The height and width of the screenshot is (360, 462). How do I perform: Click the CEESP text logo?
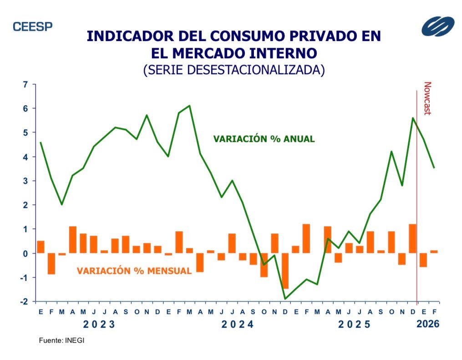pyautogui.click(x=32, y=26)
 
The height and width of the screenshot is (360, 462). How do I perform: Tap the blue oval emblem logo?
pyautogui.click(x=437, y=26)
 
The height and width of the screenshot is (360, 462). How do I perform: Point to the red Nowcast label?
pyautogui.click(x=427, y=98)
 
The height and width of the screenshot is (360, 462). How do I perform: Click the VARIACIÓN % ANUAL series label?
pyautogui.click(x=264, y=139)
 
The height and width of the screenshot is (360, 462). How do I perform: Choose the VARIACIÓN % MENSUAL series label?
pyautogui.click(x=134, y=271)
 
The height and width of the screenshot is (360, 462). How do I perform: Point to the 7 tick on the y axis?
pyautogui.click(x=25, y=84)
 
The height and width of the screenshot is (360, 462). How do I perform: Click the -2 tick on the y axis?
pyautogui.click(x=24, y=301)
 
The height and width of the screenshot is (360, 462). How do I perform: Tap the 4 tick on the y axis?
pyautogui.click(x=25, y=157)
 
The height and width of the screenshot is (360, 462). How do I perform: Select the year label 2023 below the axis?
pyautogui.click(x=99, y=325)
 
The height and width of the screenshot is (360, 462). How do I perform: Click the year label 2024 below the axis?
pyautogui.click(x=237, y=325)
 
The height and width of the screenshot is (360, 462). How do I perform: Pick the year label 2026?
pyautogui.click(x=428, y=325)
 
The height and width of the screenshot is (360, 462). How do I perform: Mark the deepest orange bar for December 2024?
pyautogui.click(x=285, y=271)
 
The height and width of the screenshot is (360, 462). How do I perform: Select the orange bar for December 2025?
pyautogui.click(x=412, y=238)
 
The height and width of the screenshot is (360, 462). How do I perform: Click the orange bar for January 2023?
pyautogui.click(x=41, y=247)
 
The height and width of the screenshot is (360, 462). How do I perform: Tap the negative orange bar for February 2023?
pyautogui.click(x=51, y=264)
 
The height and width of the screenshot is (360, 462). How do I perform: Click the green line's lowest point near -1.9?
pyautogui.click(x=285, y=299)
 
